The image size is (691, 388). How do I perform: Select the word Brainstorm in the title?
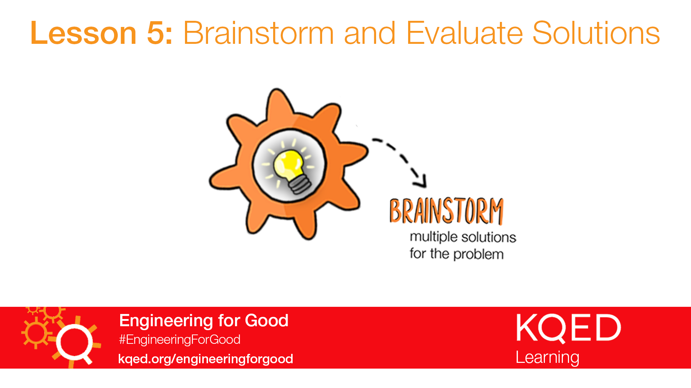258,33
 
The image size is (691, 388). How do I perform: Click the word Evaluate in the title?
464,33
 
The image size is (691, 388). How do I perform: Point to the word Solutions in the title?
596,33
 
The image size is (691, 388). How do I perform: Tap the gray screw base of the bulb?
299,185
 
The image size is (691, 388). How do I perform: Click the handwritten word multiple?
434,237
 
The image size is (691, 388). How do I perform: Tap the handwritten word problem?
478,254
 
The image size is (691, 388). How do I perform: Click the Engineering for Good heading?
204,320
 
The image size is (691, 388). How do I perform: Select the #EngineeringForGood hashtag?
180,339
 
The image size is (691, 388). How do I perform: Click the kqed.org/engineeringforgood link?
206,359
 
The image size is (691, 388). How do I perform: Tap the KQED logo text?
568,328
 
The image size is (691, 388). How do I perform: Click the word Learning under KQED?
547,357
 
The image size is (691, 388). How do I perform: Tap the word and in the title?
370,33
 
